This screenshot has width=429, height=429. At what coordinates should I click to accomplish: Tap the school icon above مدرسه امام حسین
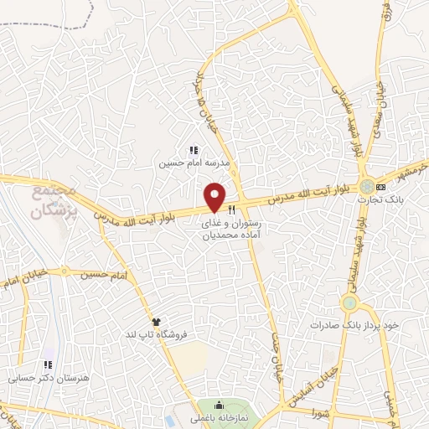coord(194,150)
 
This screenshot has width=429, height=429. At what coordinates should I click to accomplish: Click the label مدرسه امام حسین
coord(194,164)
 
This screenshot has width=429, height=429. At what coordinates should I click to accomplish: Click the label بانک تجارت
coord(375,199)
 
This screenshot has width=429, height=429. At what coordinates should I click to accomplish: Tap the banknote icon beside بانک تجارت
coord(381,186)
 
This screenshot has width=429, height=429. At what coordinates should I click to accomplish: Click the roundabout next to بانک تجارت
coord(366,185)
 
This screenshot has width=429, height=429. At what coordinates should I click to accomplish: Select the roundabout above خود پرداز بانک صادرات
coord(349,302)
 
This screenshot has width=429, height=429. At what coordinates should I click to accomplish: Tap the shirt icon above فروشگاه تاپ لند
coord(155,321)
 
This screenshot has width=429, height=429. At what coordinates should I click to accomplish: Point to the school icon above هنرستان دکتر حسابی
coord(48,365)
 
